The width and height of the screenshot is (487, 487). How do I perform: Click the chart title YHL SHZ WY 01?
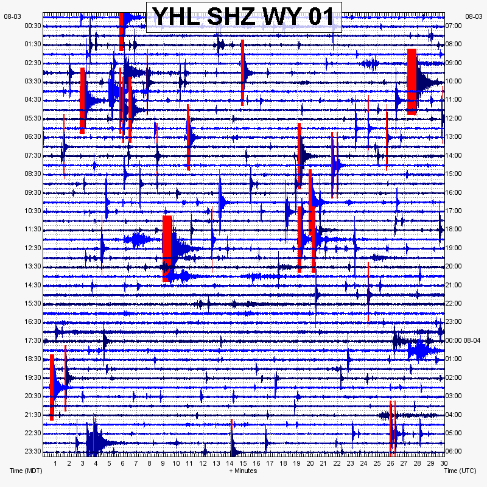[x=243, y=16]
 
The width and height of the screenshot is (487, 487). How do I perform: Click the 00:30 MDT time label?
[x=33, y=26]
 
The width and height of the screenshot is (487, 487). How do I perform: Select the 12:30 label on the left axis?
[x=33, y=248]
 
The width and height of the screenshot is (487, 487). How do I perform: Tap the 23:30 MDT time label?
[x=33, y=451]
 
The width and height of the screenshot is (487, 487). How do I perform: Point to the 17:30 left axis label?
[x=33, y=340]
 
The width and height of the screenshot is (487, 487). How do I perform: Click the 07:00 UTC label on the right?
[x=454, y=26]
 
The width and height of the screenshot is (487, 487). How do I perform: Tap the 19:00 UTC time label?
[x=454, y=248]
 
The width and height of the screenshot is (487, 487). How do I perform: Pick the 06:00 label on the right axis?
[x=454, y=451]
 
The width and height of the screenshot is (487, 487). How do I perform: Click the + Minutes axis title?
[x=243, y=471]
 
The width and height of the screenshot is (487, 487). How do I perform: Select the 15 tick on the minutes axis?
[x=243, y=463]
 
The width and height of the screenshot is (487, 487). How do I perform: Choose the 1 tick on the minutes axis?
[x=55, y=463]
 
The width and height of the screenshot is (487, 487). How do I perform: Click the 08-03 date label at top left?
[x=12, y=17]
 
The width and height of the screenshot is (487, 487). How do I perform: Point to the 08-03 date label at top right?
[x=474, y=17]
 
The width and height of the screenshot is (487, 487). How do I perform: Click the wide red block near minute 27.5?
[x=412, y=82]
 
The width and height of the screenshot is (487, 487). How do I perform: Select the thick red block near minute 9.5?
[x=167, y=248]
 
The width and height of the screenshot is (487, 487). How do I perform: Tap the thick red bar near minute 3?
[x=82, y=100]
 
